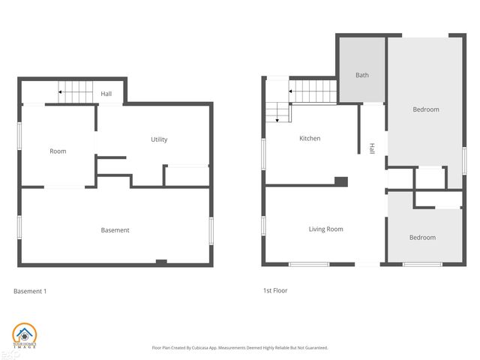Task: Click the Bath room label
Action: pyautogui.click(x=362, y=75)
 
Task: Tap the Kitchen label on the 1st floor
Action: pyautogui.click(x=310, y=139)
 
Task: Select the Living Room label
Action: pyautogui.click(x=325, y=229)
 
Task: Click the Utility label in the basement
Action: pyautogui.click(x=159, y=139)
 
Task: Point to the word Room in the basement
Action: pyautogui.click(x=58, y=151)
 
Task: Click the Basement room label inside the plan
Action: pyautogui.click(x=115, y=230)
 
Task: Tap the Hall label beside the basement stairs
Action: pyautogui.click(x=106, y=94)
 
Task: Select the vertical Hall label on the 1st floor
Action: pyautogui.click(x=371, y=149)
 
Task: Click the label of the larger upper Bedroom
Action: pyautogui.click(x=425, y=109)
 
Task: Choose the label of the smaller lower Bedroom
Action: pyautogui.click(x=421, y=238)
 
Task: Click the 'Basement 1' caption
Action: pyautogui.click(x=31, y=290)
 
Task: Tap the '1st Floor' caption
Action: pyautogui.click(x=274, y=290)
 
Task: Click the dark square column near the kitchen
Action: pyautogui.click(x=340, y=181)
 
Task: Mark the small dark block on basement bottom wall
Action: pyautogui.click(x=160, y=262)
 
